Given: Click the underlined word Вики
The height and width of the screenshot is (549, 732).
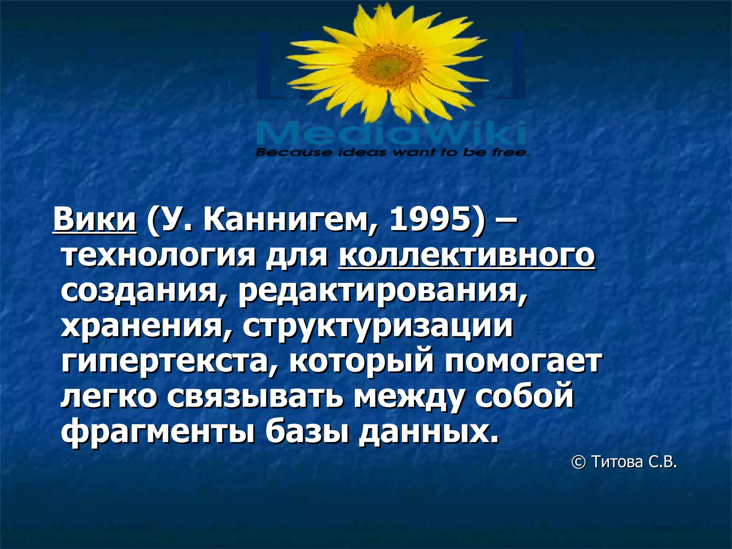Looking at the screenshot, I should (95, 220).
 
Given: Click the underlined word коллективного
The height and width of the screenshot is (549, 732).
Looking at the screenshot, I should (467, 256).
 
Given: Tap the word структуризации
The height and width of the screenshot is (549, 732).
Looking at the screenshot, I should (378, 327).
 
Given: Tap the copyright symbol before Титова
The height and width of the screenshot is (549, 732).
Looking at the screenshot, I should (579, 462).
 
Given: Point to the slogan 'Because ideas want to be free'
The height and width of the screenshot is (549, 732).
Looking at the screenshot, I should (392, 153).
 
